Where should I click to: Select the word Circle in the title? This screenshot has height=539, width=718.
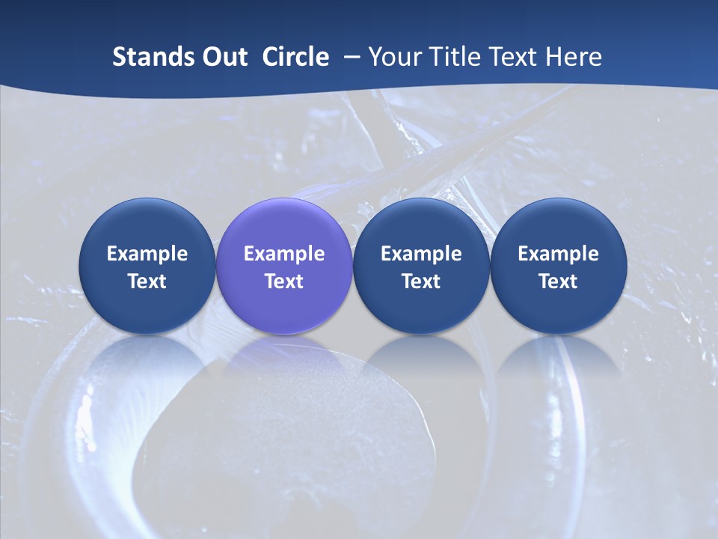295,57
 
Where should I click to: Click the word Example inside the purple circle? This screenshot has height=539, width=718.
284,254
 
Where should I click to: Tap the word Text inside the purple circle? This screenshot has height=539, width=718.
284,281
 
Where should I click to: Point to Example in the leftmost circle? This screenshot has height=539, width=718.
147,254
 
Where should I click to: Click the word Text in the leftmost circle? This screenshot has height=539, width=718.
147,281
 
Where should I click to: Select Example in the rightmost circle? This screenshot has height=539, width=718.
559,254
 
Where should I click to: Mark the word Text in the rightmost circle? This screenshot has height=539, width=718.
559,281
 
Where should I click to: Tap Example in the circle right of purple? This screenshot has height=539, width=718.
421,254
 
